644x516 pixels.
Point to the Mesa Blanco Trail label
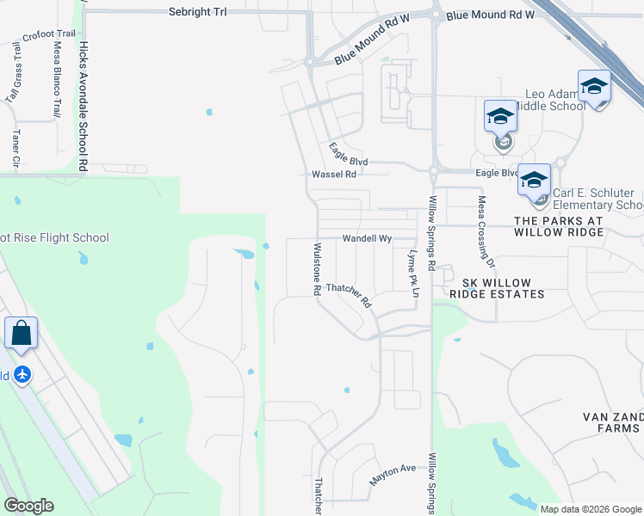(58, 79)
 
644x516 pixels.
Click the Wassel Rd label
(333, 174)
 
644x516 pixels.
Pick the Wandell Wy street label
(367, 238)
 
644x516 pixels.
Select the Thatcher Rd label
(349, 296)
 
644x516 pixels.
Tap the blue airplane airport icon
(22, 375)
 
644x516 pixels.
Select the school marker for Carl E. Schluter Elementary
(534, 181)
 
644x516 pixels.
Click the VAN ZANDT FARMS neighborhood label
(612, 421)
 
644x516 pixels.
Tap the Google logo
(28, 506)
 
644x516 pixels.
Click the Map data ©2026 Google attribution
(590, 509)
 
